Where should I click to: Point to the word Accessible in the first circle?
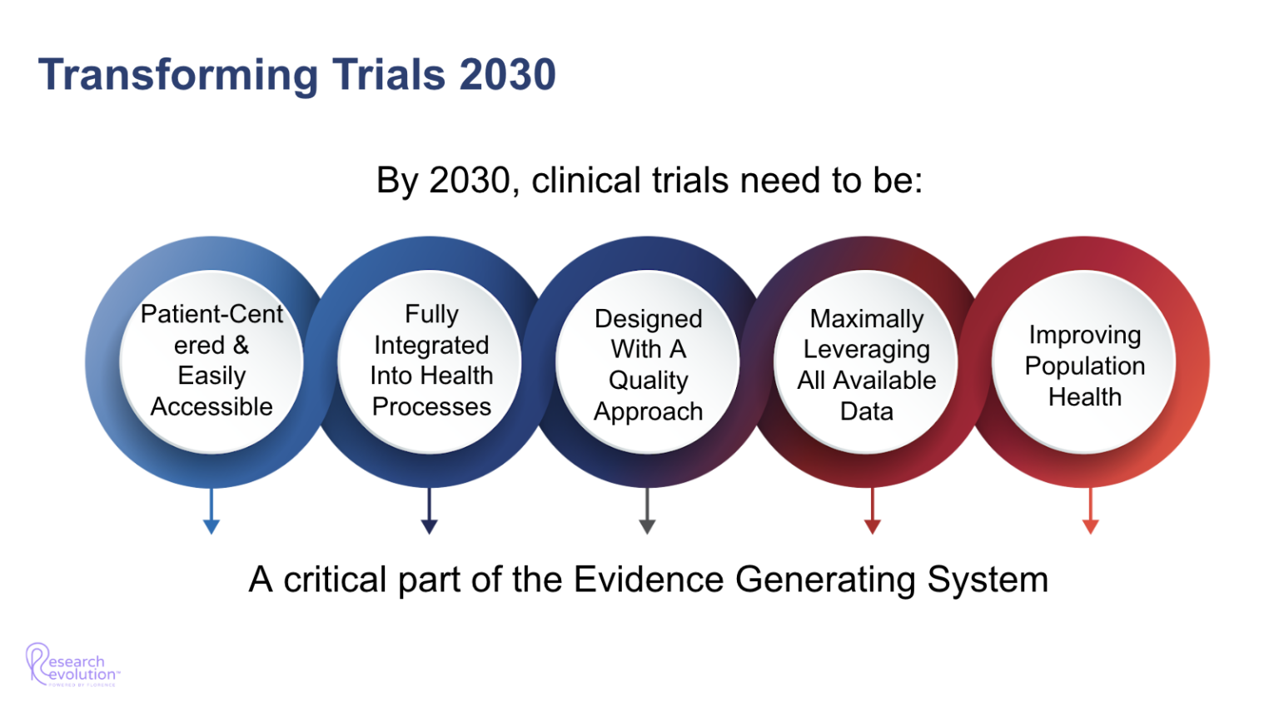[212, 406]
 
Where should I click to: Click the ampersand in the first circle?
[241, 345]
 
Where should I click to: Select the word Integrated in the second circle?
[431, 345]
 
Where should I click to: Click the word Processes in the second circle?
[431, 406]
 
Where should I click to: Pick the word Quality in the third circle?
[648, 381]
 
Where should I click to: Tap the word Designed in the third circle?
[648, 319]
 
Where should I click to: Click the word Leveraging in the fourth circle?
[866, 350]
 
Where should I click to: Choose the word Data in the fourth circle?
[866, 411]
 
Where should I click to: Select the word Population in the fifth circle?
[1084, 366]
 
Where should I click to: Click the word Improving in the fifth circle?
[1084, 335]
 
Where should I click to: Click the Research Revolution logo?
[72, 665]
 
